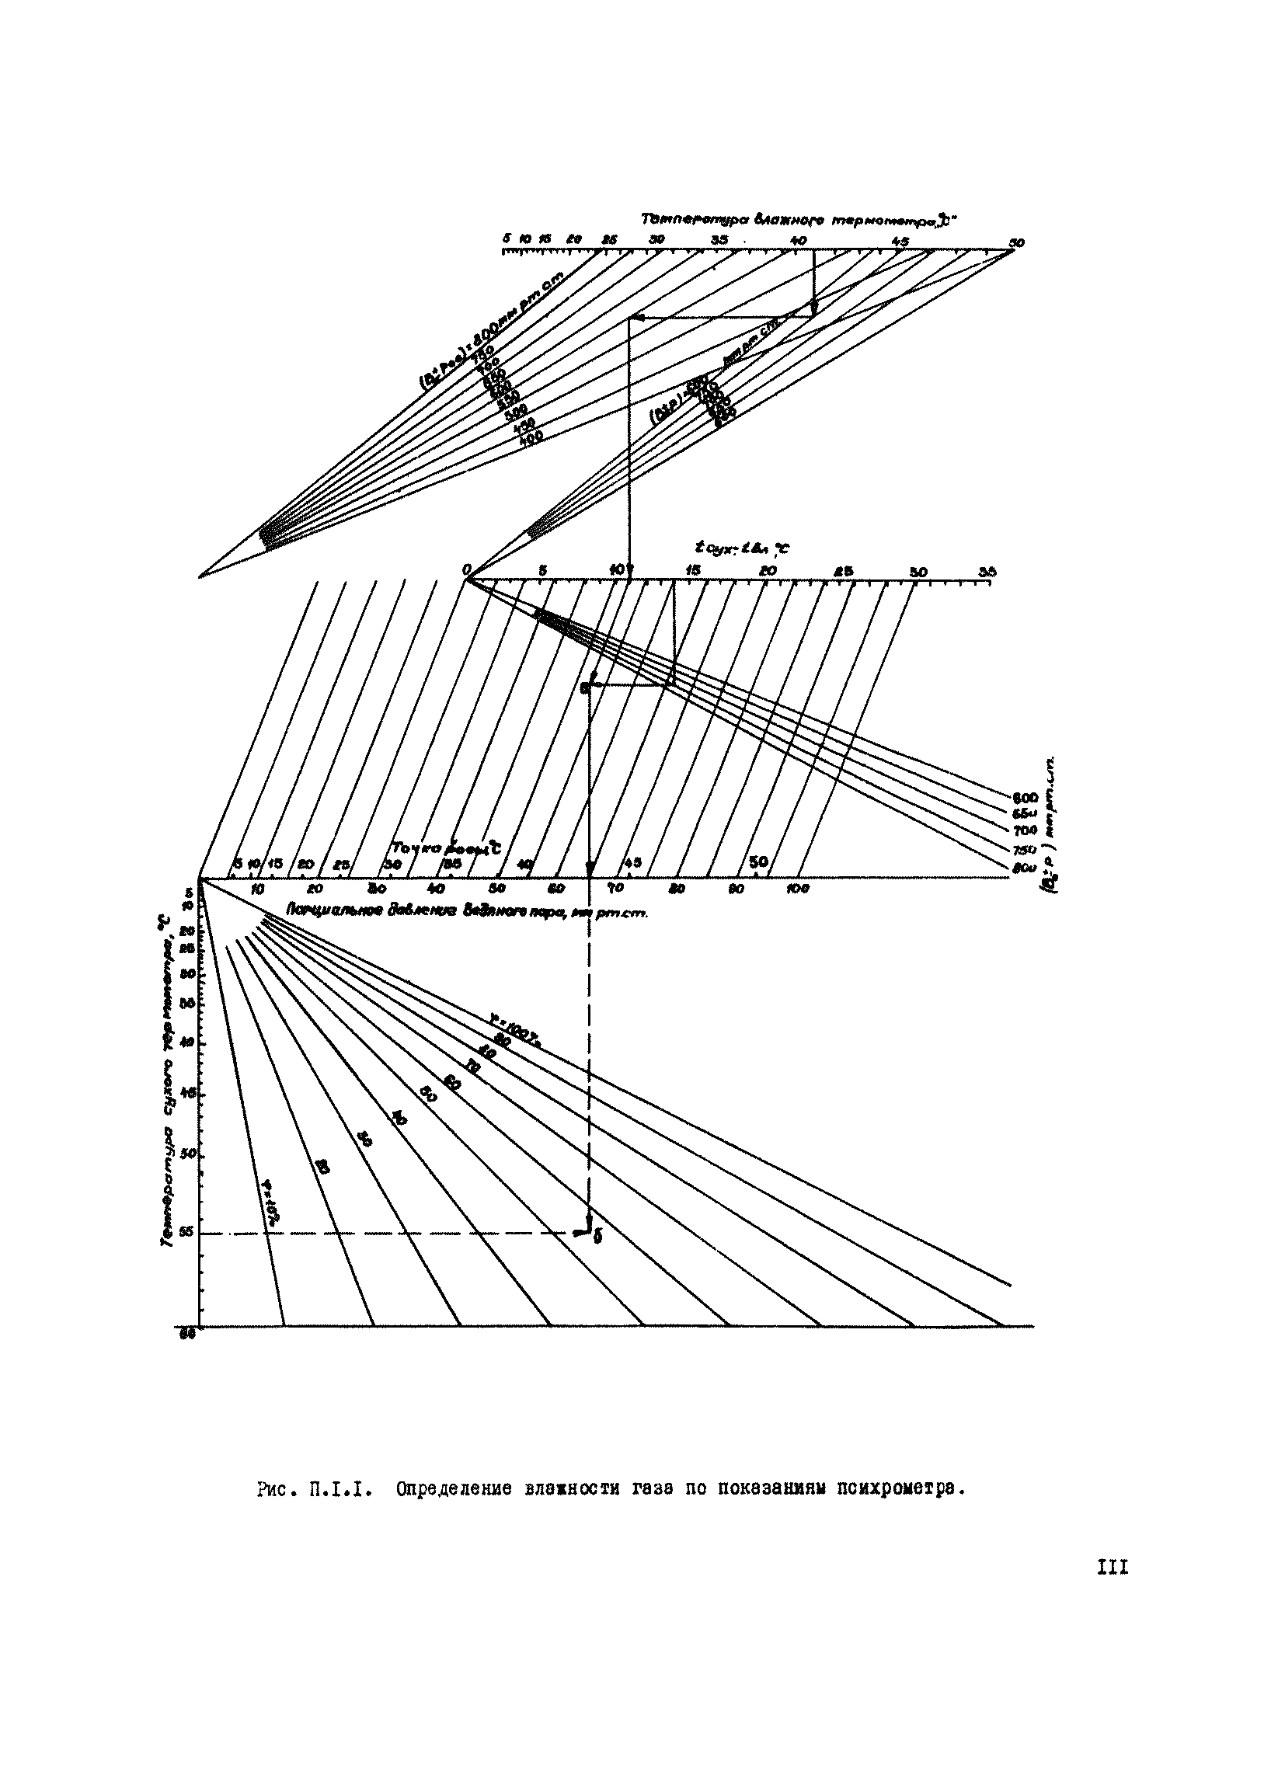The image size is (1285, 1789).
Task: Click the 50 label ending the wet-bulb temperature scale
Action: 1017,243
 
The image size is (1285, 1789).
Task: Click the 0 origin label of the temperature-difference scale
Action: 467,569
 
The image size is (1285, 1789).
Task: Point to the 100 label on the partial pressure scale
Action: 798,889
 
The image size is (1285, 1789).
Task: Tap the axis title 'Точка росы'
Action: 446,848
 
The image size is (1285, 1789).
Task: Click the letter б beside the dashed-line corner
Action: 597,1238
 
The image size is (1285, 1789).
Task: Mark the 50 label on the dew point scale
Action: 758,861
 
